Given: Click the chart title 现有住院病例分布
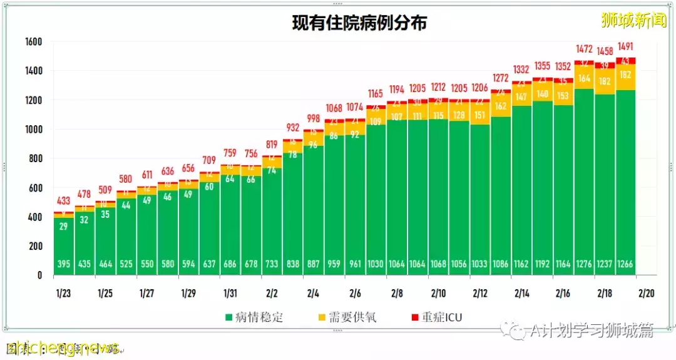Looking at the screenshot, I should point(360,23).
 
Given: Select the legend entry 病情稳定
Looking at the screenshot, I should point(253,317).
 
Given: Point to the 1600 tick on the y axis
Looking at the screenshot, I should point(33,42).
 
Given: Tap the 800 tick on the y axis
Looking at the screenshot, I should point(34,159).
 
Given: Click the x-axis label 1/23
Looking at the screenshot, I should point(63,293).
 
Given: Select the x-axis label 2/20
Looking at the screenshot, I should point(647,293).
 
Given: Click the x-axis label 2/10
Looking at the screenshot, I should point(438,293).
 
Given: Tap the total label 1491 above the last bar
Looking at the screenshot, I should point(626,46).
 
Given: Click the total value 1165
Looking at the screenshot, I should point(376,94).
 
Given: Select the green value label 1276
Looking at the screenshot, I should point(584,264).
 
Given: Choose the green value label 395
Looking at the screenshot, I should point(63,264).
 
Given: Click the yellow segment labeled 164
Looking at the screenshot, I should point(584,79).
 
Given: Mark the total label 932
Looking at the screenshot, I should point(292,128).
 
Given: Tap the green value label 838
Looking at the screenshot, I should point(292,264).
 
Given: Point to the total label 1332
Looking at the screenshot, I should point(521,69).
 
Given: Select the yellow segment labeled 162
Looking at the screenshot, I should point(501,106).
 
